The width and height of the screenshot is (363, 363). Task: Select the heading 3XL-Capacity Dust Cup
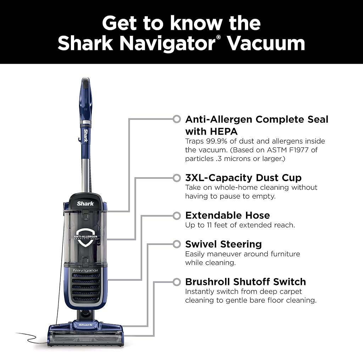click(243, 178)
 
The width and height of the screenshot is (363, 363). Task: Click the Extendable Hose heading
click(228, 215)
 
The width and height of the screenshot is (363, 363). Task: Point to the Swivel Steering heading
click(223, 244)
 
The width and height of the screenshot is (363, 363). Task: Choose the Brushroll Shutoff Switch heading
click(246, 282)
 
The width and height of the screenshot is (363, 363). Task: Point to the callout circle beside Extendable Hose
click(177, 216)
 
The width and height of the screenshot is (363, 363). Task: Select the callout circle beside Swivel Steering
click(177, 244)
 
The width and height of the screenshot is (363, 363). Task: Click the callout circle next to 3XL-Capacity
click(177, 178)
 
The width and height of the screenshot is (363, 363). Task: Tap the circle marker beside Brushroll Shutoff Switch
click(177, 282)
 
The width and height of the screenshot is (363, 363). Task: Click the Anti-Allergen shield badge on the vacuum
click(85, 238)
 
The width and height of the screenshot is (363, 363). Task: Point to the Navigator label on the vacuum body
click(85, 270)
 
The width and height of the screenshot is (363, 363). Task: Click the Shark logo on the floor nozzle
click(85, 325)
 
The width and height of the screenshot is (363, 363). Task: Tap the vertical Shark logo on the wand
click(86, 135)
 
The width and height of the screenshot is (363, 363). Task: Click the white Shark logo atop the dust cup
click(85, 203)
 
